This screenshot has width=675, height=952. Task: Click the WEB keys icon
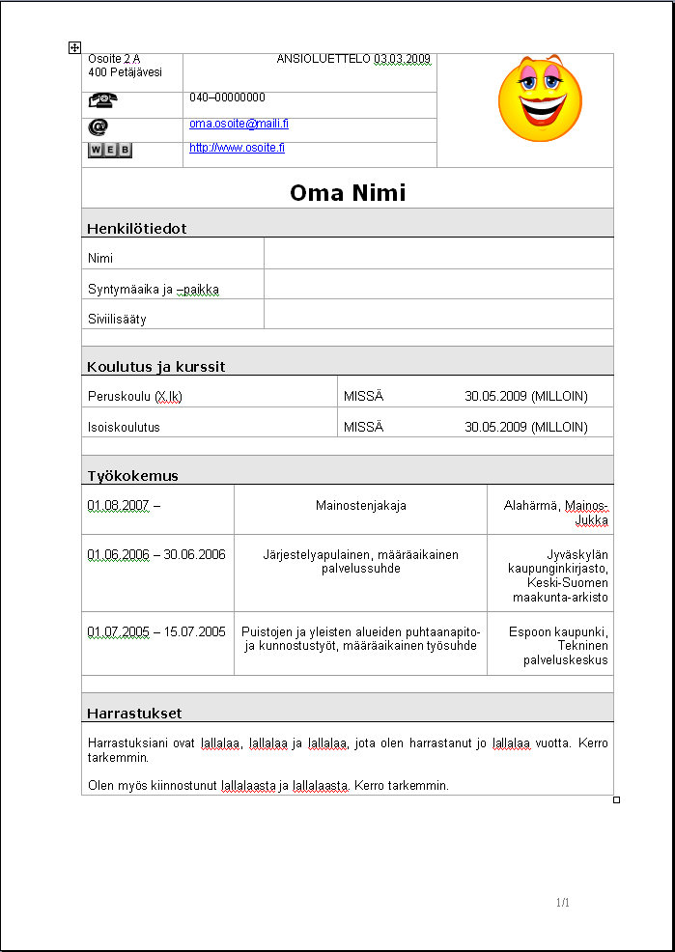click(x=110, y=150)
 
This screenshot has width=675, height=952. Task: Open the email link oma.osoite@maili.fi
click(x=239, y=124)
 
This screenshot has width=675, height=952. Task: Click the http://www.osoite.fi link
click(x=237, y=148)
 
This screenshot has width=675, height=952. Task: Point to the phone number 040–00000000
click(x=227, y=98)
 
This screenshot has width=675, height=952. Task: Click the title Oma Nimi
click(x=348, y=193)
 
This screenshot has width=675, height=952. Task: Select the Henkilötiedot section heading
click(x=136, y=229)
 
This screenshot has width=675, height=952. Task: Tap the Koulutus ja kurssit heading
click(x=155, y=367)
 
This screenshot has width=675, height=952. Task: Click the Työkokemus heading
click(x=132, y=476)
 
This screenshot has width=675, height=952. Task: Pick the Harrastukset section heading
click(x=134, y=714)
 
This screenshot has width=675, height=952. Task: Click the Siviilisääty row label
click(x=117, y=319)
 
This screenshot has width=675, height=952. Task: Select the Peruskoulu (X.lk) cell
click(x=134, y=397)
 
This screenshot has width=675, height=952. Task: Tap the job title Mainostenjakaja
click(x=360, y=506)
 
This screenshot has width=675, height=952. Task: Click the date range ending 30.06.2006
click(x=156, y=554)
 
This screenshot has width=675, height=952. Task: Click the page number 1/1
click(x=563, y=903)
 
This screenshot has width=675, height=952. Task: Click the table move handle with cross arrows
click(x=74, y=46)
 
